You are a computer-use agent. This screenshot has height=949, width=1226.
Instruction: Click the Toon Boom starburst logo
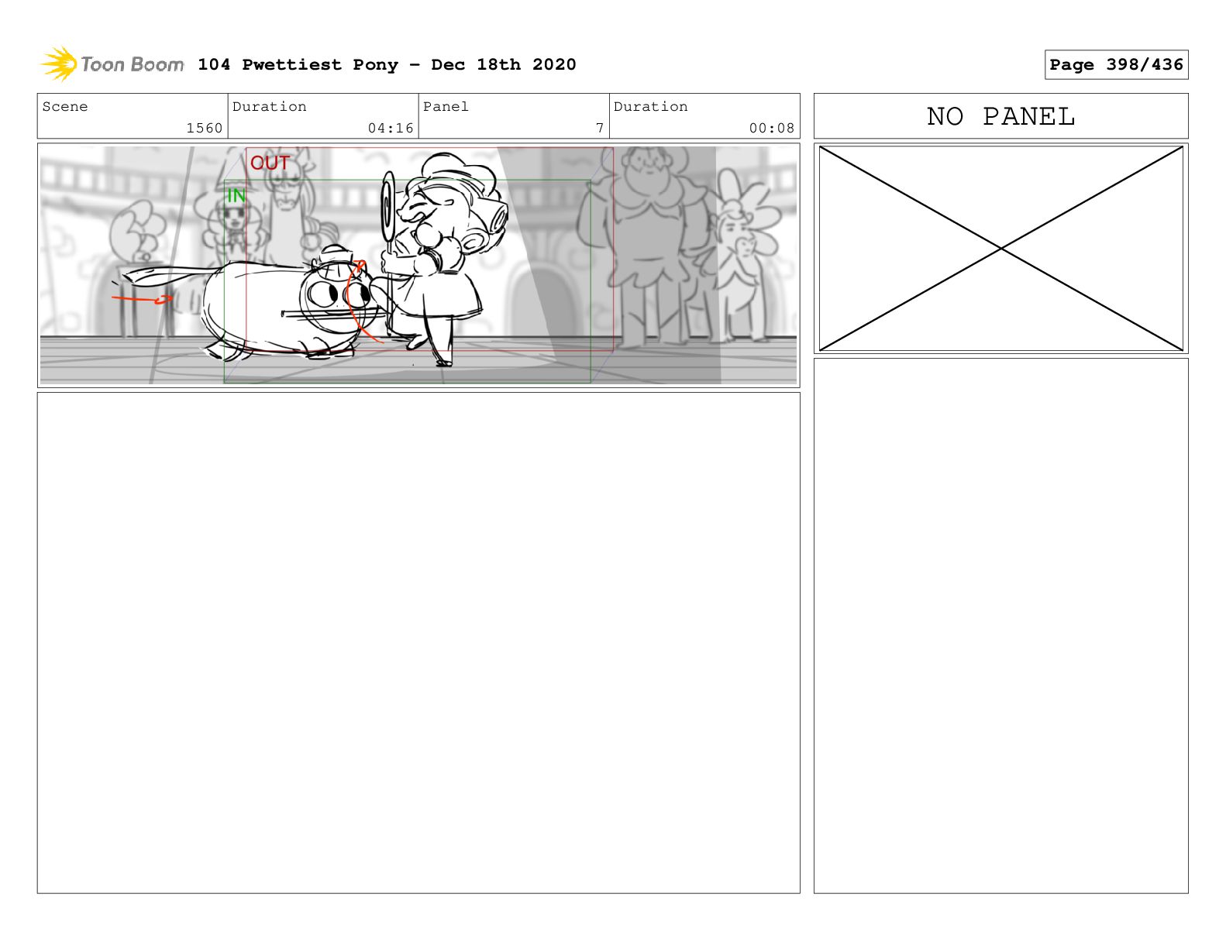59,64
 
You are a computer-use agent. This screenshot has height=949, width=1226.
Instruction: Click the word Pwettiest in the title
291,65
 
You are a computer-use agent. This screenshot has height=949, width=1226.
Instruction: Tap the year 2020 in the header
554,64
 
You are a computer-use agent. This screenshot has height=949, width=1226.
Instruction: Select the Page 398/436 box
1116,64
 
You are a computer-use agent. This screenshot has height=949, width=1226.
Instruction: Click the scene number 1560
205,128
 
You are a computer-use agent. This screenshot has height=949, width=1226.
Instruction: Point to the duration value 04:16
391,128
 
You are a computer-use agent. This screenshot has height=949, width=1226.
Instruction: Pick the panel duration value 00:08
771,128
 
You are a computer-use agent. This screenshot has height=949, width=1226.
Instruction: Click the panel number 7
600,128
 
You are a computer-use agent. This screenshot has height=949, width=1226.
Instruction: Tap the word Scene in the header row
65,107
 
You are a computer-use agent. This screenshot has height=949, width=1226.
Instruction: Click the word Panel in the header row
446,107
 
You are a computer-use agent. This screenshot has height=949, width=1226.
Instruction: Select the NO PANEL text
1001,116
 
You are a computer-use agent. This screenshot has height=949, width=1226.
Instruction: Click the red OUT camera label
270,163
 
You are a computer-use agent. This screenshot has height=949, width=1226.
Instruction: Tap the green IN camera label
236,196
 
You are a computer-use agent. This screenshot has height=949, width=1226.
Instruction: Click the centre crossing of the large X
1001,248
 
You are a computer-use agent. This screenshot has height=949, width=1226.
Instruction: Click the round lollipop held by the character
388,207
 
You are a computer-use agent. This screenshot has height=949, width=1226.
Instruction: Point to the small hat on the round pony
336,257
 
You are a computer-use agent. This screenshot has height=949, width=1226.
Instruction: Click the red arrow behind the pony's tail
142,299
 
